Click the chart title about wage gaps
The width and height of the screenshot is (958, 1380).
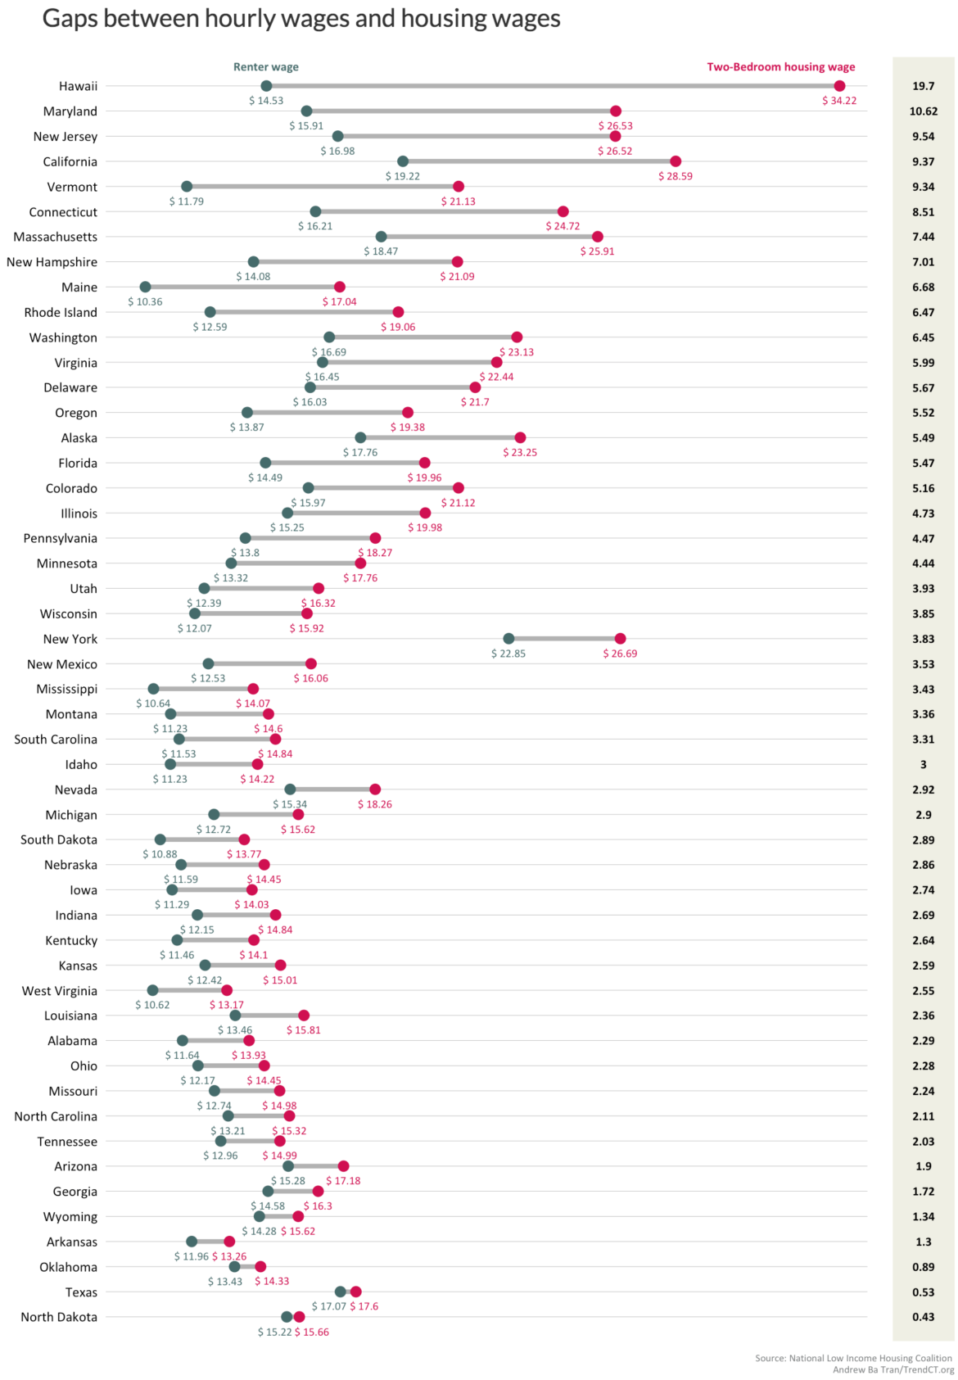(301, 19)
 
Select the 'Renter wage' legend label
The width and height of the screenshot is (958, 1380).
(266, 67)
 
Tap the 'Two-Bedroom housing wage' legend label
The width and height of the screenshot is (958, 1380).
(780, 67)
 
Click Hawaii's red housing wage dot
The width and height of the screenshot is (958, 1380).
(839, 86)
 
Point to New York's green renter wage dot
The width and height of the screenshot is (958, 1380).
(508, 639)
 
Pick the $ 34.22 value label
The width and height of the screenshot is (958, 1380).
(839, 101)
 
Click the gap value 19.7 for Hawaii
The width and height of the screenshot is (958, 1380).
(923, 86)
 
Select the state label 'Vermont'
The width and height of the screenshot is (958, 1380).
(72, 187)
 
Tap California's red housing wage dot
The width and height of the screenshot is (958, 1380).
(676, 161)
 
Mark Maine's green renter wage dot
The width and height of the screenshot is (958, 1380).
(145, 287)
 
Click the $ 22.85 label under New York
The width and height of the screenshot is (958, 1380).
(508, 654)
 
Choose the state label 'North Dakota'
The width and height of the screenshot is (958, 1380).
(59, 1317)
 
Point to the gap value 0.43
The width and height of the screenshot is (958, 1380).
(923, 1317)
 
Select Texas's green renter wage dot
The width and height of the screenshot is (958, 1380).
(341, 1292)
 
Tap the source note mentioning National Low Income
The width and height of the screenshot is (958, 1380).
(853, 1358)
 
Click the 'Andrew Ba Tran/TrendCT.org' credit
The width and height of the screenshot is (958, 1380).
(892, 1369)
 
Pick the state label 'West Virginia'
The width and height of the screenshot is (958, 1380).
(60, 991)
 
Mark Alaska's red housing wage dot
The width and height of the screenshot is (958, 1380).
(520, 437)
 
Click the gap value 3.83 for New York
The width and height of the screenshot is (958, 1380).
(923, 639)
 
